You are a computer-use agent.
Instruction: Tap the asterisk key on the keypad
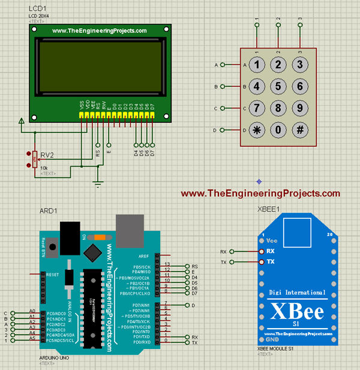[x=257, y=130]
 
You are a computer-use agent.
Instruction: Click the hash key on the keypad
[x=300, y=130]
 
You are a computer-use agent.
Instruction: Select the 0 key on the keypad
[x=278, y=130]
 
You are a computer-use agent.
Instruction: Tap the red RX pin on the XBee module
[x=262, y=252]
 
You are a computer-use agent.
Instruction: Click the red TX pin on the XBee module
[x=262, y=262]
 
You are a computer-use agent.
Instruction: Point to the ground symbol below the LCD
[x=98, y=184]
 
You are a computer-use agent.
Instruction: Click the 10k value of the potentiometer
[x=44, y=168]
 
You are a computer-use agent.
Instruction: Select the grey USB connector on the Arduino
[x=129, y=228]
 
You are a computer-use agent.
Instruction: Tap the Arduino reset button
[x=52, y=246]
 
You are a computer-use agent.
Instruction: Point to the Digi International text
[x=298, y=293]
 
